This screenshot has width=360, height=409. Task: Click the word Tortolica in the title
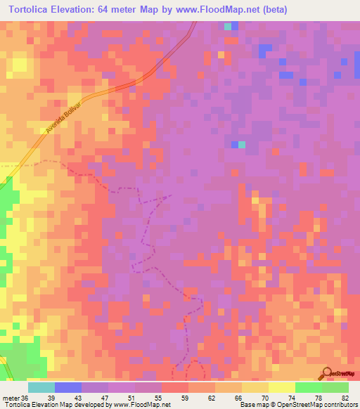[33, 9]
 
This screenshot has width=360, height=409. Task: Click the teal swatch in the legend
[41, 387]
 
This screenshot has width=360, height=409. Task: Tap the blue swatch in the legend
[68, 387]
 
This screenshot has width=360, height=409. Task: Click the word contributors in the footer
[340, 405]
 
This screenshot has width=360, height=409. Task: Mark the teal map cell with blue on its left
[242, 145]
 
